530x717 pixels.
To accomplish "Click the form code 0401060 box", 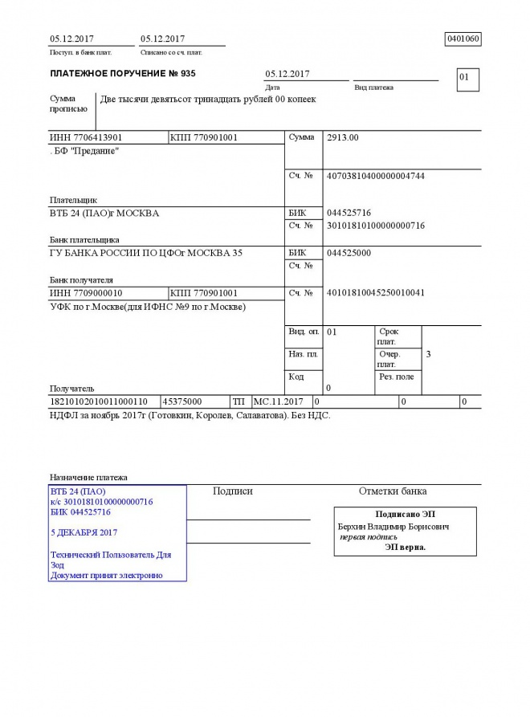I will click(x=463, y=39).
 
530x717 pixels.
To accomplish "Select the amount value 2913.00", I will click(x=343, y=138).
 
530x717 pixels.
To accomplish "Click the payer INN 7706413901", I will click(x=86, y=138).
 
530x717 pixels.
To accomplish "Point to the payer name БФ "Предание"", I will click(x=85, y=151).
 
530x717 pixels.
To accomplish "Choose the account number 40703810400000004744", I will click(x=376, y=176).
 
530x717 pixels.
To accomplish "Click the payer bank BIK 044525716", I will click(x=349, y=214).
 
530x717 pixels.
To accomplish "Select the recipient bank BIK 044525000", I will click(x=349, y=253).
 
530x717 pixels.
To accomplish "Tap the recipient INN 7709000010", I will click(x=86, y=293).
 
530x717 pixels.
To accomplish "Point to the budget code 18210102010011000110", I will click(x=99, y=401).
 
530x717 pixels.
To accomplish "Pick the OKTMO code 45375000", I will click(x=182, y=401).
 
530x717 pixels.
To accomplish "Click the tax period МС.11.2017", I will click(x=278, y=401).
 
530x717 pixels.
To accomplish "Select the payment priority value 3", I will click(x=429, y=354).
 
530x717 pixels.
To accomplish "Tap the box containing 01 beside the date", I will click(x=467, y=79).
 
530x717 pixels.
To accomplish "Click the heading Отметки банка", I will click(x=393, y=491).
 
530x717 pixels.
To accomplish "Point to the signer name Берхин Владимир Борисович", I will click(x=393, y=527).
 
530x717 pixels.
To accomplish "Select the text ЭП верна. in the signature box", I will click(x=405, y=547).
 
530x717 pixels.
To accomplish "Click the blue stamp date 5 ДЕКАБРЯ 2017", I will click(x=84, y=532).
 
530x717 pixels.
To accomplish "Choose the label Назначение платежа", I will click(x=88, y=478).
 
